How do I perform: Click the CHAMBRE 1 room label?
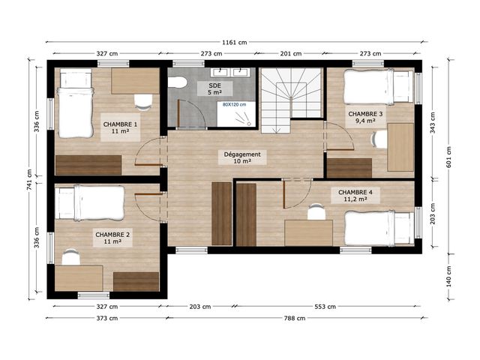coord(120,127)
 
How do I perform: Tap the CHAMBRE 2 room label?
coord(112,238)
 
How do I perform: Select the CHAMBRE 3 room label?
coord(365,117)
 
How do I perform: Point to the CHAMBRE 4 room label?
coord(355,195)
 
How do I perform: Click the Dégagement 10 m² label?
coord(242,157)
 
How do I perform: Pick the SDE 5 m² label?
coord(214,88)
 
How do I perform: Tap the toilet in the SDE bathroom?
coord(178,82)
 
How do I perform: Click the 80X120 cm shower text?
coord(235,105)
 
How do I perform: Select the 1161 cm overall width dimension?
coord(235,42)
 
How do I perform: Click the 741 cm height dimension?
coord(29,180)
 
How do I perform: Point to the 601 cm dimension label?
coord(448,157)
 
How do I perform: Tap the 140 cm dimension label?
coord(448,277)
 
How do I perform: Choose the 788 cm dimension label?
coord(294,318)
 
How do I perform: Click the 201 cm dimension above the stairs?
coord(291,53)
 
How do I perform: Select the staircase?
coord(291,100)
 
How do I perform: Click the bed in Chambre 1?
coord(76,103)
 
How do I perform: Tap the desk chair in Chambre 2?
coord(71,256)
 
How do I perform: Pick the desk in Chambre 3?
coord(400,147)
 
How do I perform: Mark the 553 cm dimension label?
coord(325,307)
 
